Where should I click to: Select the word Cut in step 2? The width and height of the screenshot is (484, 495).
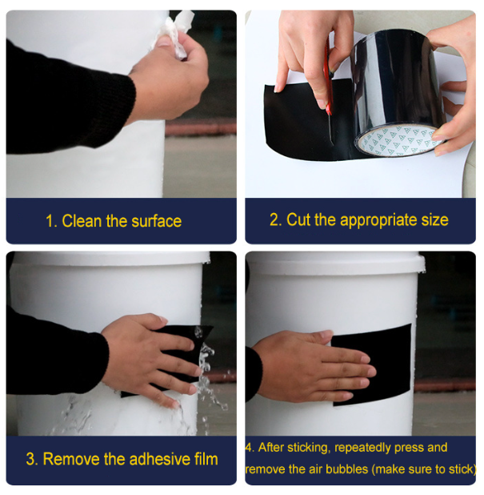298,219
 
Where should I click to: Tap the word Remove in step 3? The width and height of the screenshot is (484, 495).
70,459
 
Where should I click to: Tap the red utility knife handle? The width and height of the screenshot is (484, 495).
329,79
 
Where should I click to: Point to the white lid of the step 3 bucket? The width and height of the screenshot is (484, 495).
110,259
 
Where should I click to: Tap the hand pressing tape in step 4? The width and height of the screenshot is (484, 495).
312,366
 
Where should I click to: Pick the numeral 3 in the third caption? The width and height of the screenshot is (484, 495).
30,459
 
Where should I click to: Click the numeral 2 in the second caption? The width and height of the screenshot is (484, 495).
274,219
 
